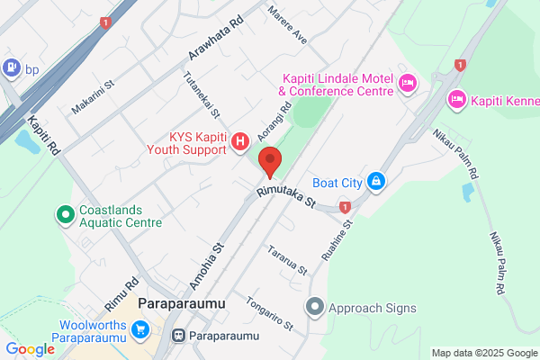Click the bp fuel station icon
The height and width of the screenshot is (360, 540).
pos(12,66)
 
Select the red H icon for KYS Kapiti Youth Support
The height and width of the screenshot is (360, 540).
pos(240,140)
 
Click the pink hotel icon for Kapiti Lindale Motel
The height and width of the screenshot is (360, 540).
pos(407,84)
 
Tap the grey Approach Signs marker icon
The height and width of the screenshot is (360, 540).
pos(315,308)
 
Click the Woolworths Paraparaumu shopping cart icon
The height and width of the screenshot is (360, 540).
pos(140,331)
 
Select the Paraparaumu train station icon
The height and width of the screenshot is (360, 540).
pos(178,337)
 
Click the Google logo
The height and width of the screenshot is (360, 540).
pos(30,349)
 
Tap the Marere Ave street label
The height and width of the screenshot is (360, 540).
pos(288,26)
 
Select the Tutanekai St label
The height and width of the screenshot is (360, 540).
pos(202,94)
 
